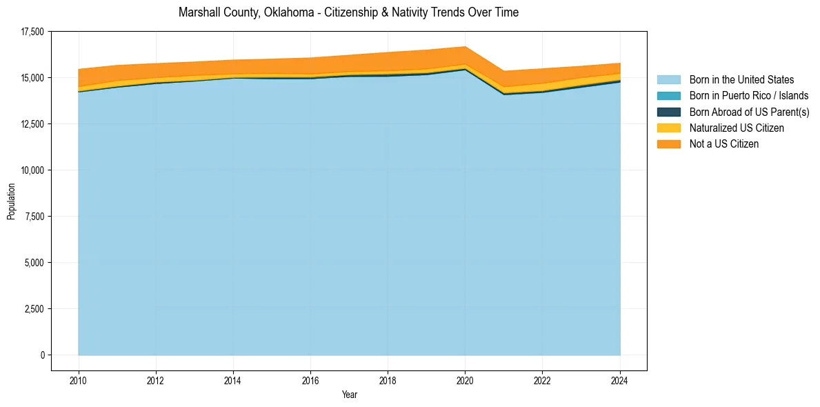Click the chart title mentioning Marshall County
348,12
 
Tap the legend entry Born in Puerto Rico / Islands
749,96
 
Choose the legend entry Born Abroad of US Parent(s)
749,112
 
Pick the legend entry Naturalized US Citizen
737,128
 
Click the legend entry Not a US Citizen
723,144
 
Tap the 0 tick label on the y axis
42,355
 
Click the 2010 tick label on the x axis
79,379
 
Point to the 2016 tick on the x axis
310,379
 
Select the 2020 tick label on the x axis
465,379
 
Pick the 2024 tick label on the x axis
620,379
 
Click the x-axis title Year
349,395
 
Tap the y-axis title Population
11,201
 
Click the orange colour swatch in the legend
668,144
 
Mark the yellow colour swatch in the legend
668,128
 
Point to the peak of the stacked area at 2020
465,47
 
